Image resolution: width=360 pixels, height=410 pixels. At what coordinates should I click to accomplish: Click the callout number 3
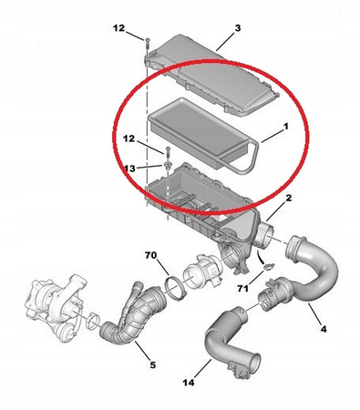click(238, 28)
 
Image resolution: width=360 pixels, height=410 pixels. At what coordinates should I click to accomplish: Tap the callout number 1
click(285, 127)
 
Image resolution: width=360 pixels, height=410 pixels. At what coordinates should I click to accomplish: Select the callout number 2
click(288, 198)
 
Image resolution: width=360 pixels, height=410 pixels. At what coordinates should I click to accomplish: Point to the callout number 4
click(324, 329)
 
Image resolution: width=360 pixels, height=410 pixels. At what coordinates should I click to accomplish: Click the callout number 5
click(152, 364)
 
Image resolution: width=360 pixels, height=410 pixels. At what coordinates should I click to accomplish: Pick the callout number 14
click(189, 383)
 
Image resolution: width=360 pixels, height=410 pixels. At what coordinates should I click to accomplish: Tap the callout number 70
click(150, 255)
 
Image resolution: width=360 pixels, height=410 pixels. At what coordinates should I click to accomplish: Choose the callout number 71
click(242, 288)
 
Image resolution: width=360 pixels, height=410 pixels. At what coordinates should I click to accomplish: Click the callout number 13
click(129, 169)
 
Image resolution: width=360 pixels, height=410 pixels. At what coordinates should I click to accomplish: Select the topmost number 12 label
click(118, 28)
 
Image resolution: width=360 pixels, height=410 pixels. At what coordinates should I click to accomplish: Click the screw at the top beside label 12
click(147, 43)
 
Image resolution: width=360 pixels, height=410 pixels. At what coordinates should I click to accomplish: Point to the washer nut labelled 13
click(167, 165)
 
